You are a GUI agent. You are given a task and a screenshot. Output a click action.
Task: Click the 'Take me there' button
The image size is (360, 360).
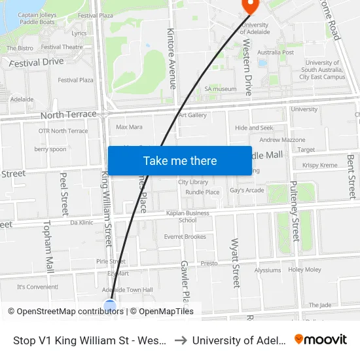click(x=180, y=160)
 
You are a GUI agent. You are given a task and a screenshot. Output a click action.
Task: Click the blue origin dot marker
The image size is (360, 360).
click(x=110, y=306)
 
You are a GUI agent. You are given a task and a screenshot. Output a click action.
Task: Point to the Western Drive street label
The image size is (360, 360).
click(x=247, y=67)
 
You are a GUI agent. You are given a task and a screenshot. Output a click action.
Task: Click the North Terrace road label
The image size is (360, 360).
click(x=68, y=115)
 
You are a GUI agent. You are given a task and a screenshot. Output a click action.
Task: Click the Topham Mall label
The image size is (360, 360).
click(x=48, y=246)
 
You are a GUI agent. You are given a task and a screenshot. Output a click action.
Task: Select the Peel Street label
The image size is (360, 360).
click(x=64, y=194)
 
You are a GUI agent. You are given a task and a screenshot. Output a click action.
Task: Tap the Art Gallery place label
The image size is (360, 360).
click(x=192, y=115)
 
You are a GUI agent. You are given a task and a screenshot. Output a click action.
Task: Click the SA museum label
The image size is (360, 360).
click(x=221, y=88)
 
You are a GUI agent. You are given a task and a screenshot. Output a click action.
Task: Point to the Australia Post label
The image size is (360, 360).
click(x=276, y=52)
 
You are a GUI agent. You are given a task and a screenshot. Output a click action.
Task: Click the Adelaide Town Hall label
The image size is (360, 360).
click(x=130, y=289)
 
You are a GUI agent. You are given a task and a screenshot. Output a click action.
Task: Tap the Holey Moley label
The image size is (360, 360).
click(x=305, y=269)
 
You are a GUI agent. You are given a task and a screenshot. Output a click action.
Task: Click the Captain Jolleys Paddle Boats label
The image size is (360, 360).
click(x=37, y=18)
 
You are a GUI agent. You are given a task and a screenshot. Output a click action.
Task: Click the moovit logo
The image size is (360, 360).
click(x=321, y=339)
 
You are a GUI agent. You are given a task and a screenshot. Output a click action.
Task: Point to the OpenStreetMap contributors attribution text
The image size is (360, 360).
click(x=66, y=312)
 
